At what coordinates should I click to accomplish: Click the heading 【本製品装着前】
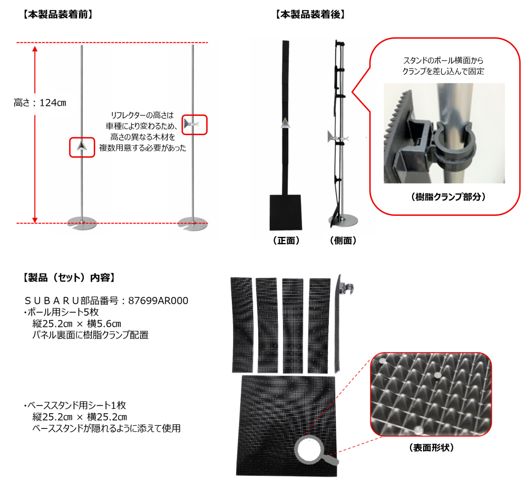tap(58, 14)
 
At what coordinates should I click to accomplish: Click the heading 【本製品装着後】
tap(310, 14)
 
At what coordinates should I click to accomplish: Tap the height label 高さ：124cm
tap(40, 103)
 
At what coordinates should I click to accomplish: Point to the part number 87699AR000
tap(158, 300)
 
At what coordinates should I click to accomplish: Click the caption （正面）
tap(286, 241)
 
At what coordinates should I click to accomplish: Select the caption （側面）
tap(343, 241)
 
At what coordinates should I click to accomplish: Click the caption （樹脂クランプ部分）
tap(448, 197)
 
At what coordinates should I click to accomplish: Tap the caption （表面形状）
tap(432, 447)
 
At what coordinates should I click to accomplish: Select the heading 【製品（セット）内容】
tap(69, 277)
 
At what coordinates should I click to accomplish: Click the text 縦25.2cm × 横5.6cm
tap(76, 324)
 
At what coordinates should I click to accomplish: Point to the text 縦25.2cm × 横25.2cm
tap(80, 417)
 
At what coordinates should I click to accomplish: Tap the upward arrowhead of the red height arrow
tap(35, 49)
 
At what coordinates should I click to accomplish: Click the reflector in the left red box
tap(82, 146)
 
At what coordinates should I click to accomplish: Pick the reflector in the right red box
tap(191, 125)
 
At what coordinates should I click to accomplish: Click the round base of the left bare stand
tap(82, 223)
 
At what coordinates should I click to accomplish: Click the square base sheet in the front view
tap(286, 213)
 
